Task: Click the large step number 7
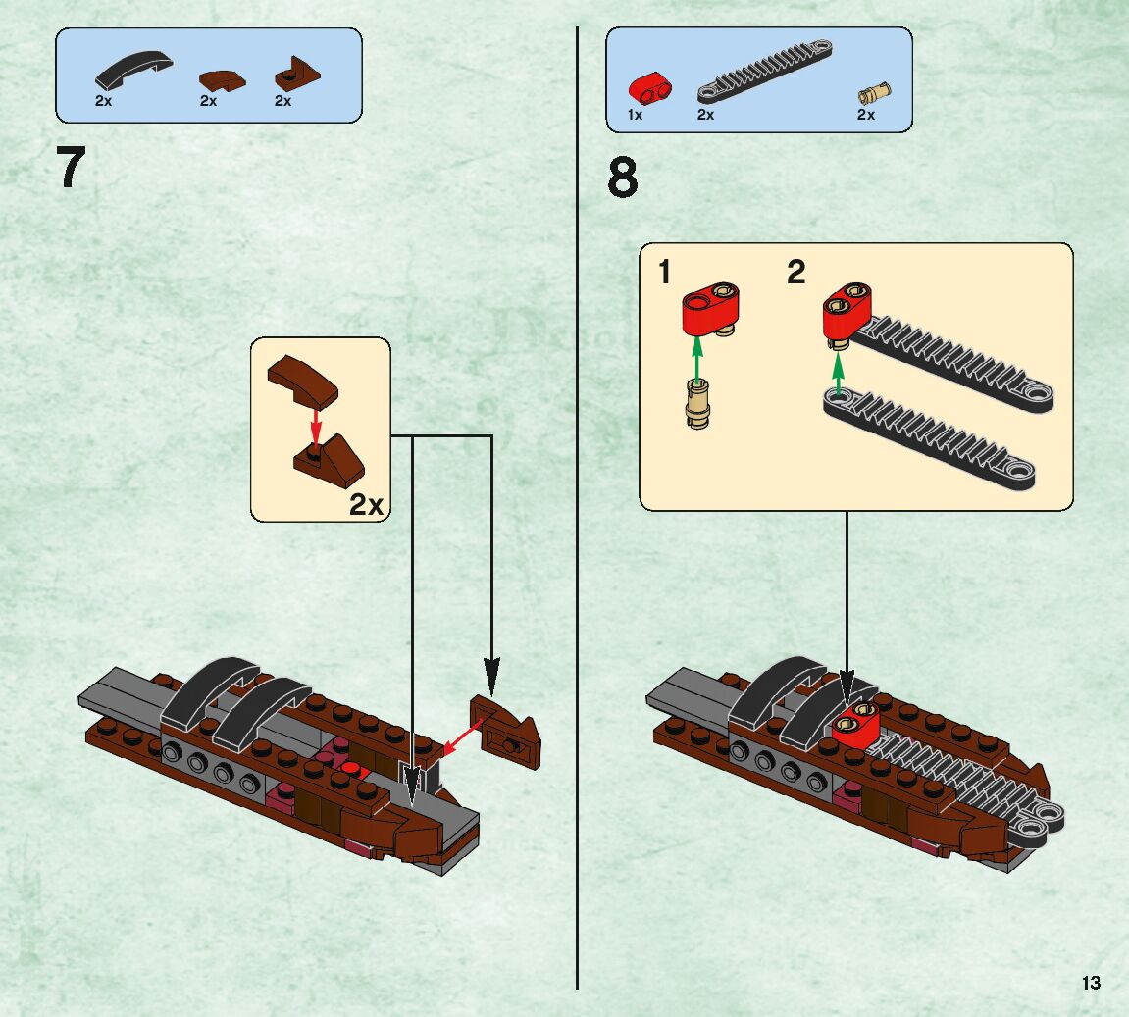72,168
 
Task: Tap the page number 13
1091,983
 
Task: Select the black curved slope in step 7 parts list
133,71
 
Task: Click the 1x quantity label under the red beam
635,115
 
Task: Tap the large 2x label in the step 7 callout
367,504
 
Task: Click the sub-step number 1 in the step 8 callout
665,272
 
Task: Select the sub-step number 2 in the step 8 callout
796,272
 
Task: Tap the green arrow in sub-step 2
837,373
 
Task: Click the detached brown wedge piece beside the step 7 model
506,732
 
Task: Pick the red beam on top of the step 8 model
857,726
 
